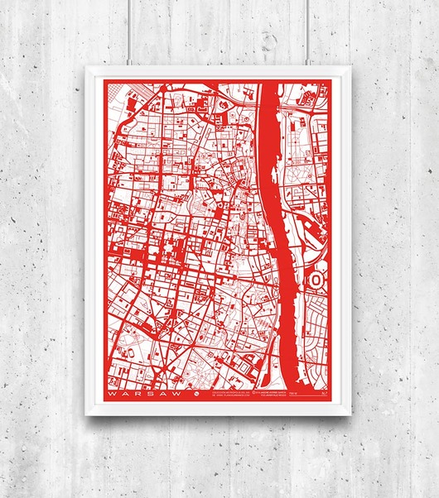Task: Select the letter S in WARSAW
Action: (x=140, y=395)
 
